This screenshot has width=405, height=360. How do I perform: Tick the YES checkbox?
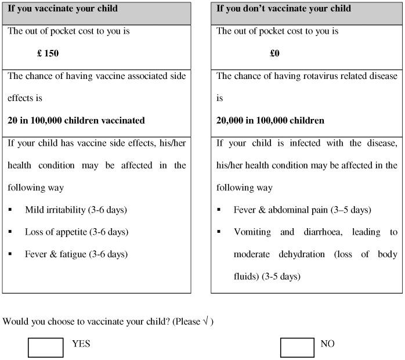tap(45, 347)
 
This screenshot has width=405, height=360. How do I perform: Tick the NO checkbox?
tap(297, 347)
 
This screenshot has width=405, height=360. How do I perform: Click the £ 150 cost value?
tap(48, 53)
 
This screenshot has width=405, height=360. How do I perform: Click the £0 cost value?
tap(274, 53)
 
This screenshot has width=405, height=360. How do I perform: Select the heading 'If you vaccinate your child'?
tap(63, 9)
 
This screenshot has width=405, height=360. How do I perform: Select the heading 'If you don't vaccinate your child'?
tap(284, 9)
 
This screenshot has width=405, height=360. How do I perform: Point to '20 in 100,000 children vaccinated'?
tap(76, 121)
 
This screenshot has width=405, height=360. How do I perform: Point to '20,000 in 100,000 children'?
tap(270, 121)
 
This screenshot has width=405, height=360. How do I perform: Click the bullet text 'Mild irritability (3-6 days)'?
tap(75, 210)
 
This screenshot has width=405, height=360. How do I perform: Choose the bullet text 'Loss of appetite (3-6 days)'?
tap(76, 232)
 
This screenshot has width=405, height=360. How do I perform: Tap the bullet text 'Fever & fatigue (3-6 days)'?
tap(76, 254)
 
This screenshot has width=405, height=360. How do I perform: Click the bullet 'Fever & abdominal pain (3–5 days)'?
tap(302, 210)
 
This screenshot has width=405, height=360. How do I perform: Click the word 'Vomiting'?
tap(252, 232)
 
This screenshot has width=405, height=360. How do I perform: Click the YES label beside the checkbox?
tap(81, 344)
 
